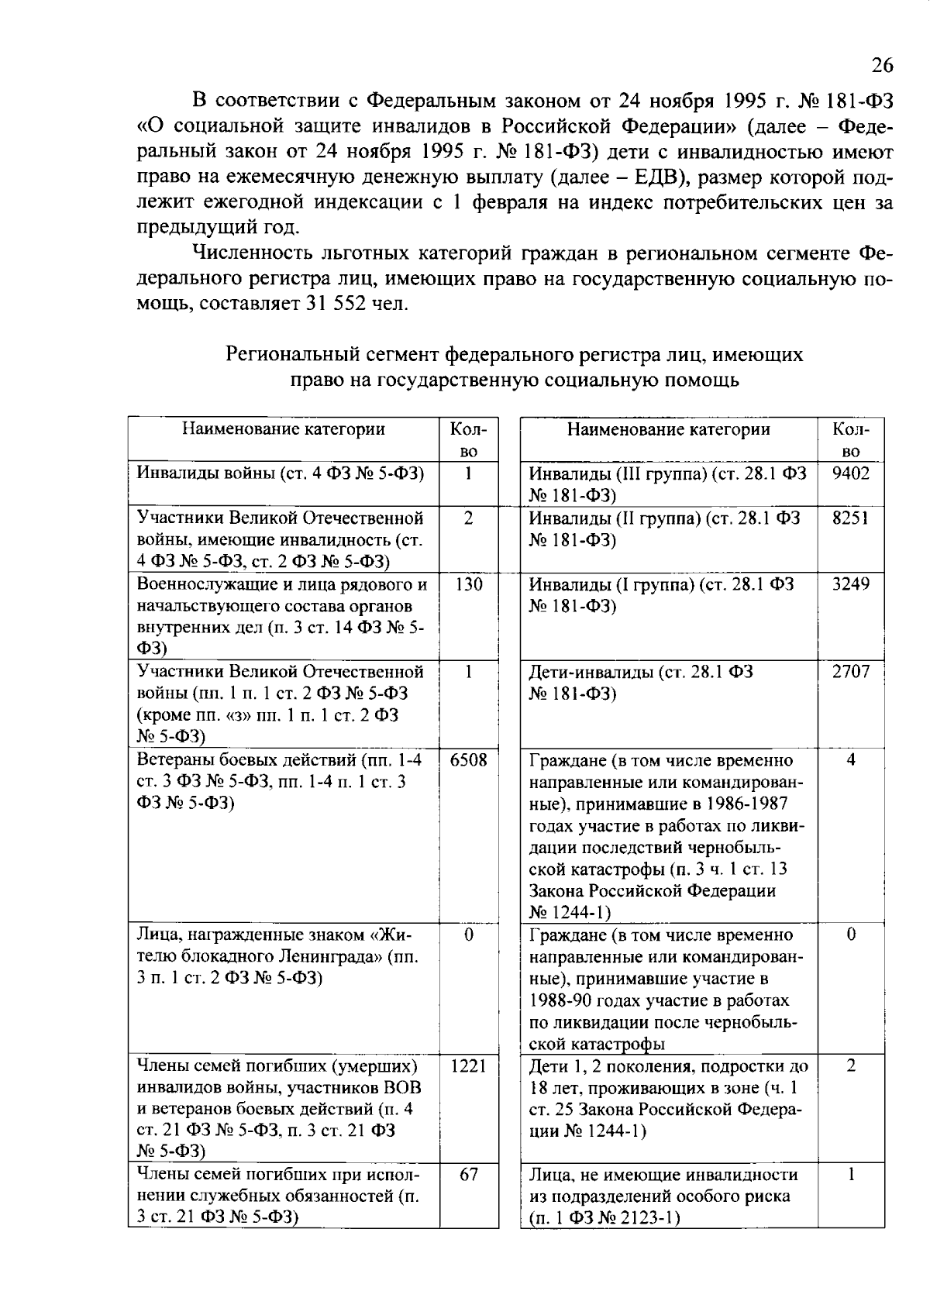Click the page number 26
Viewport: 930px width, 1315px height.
(x=882, y=66)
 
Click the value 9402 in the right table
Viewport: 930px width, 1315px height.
(x=850, y=473)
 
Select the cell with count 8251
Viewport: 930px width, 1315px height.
(x=850, y=518)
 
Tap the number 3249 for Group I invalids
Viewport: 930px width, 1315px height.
(x=850, y=583)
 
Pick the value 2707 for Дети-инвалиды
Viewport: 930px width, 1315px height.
(x=850, y=671)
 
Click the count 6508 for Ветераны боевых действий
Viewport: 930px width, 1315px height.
(x=468, y=759)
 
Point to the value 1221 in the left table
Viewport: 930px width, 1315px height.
(x=468, y=1066)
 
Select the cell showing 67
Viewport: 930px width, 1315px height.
(x=468, y=1175)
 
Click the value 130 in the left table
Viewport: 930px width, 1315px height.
(x=468, y=583)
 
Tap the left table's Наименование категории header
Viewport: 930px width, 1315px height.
(x=283, y=429)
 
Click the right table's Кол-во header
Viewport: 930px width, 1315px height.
(x=850, y=439)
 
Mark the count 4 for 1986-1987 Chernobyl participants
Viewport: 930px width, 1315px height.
(x=850, y=759)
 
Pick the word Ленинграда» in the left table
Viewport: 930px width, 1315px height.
(x=335, y=956)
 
